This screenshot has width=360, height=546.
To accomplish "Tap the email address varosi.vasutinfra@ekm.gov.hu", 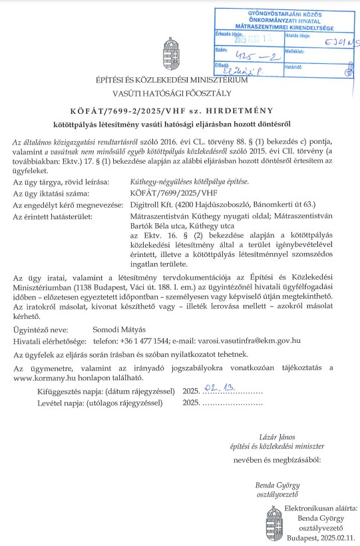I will point(248,340).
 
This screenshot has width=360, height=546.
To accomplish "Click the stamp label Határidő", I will point(293,67).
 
